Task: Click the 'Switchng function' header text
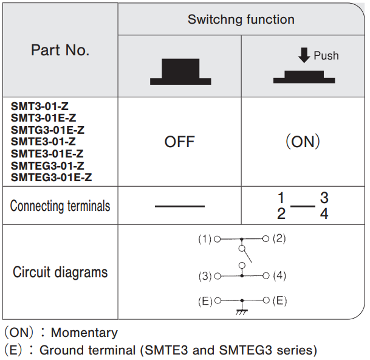[241, 19]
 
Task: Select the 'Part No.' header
[60, 50]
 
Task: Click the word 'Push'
[326, 56]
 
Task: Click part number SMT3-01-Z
[39, 106]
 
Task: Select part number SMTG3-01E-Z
[47, 130]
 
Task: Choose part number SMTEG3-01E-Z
[52, 178]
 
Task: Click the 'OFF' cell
[180, 142]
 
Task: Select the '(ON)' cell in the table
[303, 142]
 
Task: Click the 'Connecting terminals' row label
[60, 206]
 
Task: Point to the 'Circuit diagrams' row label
[60, 272]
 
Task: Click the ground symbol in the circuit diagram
[242, 311]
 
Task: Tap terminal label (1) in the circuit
[205, 239]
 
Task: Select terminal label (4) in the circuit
[279, 275]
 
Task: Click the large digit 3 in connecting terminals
[324, 198]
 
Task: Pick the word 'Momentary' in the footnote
[84, 333]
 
